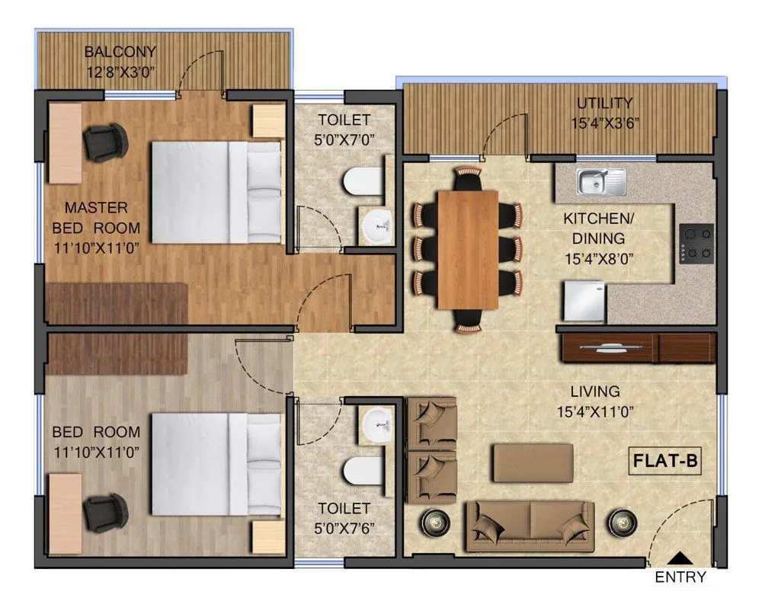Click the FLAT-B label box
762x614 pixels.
pyautogui.click(x=665, y=461)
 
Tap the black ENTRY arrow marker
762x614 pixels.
pyautogui.click(x=679, y=560)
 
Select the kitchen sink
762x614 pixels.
pyautogui.click(x=601, y=181)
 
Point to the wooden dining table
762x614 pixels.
pyautogui.click(x=468, y=249)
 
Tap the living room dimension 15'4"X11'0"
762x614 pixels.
pyautogui.click(x=595, y=412)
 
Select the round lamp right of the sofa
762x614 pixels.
pyautogui.click(x=621, y=523)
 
